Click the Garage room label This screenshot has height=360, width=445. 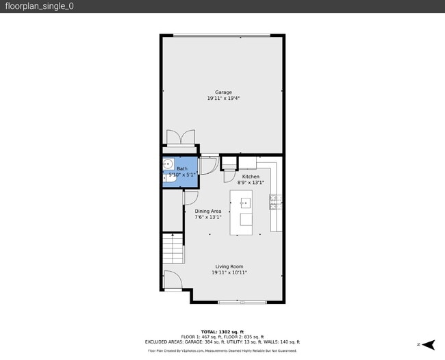pyautogui.click(x=223, y=92)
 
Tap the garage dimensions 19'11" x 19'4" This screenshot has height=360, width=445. pyautogui.click(x=223, y=99)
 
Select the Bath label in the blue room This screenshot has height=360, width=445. pyautogui.click(x=182, y=168)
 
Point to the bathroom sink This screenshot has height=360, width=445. pyautogui.click(x=168, y=164)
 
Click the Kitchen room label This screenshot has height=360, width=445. pyautogui.click(x=251, y=177)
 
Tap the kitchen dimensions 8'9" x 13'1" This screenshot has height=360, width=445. pyautogui.click(x=251, y=183)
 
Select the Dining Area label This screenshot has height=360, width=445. pyautogui.click(x=207, y=211)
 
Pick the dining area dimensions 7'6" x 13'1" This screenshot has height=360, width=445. pyautogui.click(x=207, y=218)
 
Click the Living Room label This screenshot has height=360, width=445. pyautogui.click(x=229, y=267)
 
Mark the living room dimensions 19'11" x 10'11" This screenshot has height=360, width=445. pyautogui.click(x=229, y=273)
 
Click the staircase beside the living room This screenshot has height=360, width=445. pyautogui.click(x=173, y=249)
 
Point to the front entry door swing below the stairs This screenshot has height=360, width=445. pyautogui.click(x=172, y=279)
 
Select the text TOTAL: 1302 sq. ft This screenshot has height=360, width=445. pyautogui.click(x=222, y=331)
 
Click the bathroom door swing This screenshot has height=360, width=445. pyautogui.click(x=209, y=164)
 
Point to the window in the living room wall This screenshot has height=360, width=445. pyautogui.click(x=242, y=302)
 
